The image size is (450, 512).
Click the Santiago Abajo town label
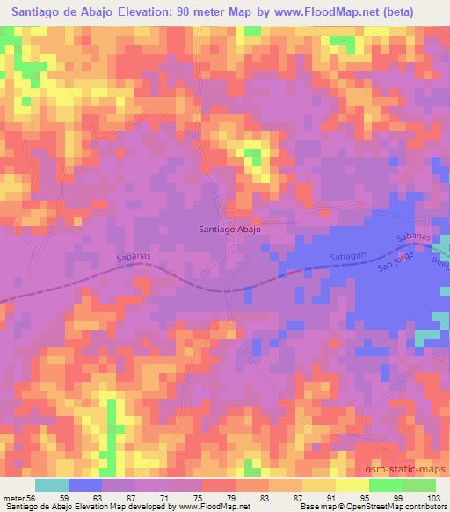click(x=229, y=229)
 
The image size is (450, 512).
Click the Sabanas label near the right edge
click(x=413, y=238)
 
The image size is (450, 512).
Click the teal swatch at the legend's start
click(x=51, y=485)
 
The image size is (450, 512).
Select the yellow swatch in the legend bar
click(x=352, y=485)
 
